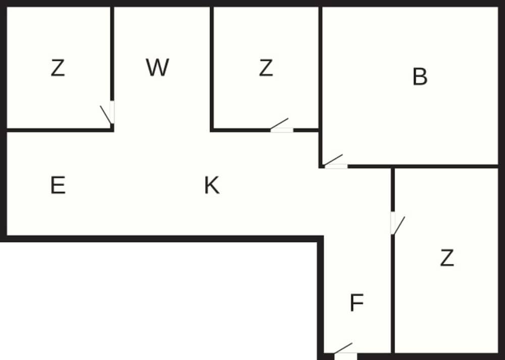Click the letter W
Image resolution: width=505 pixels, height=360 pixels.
(157, 68)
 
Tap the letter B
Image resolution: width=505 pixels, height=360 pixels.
(420, 77)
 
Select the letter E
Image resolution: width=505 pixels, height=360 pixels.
(58, 186)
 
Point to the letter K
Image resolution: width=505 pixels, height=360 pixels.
(212, 186)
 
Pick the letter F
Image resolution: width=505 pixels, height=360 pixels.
(357, 303)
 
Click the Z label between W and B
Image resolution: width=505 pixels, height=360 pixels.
(266, 68)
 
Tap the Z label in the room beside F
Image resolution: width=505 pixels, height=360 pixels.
(446, 258)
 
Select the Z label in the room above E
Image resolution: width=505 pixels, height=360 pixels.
(58, 68)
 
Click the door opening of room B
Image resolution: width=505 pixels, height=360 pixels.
(336, 166)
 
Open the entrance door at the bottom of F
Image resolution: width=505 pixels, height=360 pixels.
(345, 355)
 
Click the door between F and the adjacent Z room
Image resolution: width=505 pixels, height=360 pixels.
(393, 223)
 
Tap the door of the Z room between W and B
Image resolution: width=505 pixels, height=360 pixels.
(281, 130)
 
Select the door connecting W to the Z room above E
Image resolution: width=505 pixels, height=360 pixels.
(112, 112)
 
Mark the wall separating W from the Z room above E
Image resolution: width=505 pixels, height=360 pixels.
(112, 50)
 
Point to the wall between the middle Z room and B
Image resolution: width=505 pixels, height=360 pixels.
(320, 66)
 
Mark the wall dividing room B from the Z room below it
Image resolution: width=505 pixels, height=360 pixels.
(444, 166)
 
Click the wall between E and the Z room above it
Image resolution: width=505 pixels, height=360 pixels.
(56, 130)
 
